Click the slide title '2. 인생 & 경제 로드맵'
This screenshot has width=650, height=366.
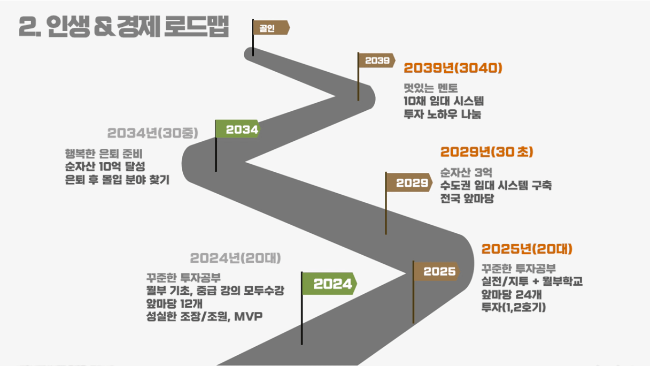click(x=123, y=27)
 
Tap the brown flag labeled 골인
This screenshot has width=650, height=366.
click(x=270, y=28)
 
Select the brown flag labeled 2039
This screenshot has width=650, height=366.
click(x=377, y=61)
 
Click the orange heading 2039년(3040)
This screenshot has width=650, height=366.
click(x=453, y=68)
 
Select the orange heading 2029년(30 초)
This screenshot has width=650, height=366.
click(x=486, y=152)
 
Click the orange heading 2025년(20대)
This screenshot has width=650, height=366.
click(x=527, y=249)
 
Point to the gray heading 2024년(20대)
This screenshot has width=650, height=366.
click(x=236, y=258)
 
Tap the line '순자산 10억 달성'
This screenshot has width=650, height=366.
click(x=105, y=166)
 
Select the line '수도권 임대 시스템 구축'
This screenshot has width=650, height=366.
click(x=496, y=186)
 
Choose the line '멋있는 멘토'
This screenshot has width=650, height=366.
click(x=431, y=88)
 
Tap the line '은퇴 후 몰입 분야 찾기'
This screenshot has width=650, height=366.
click(x=117, y=180)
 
